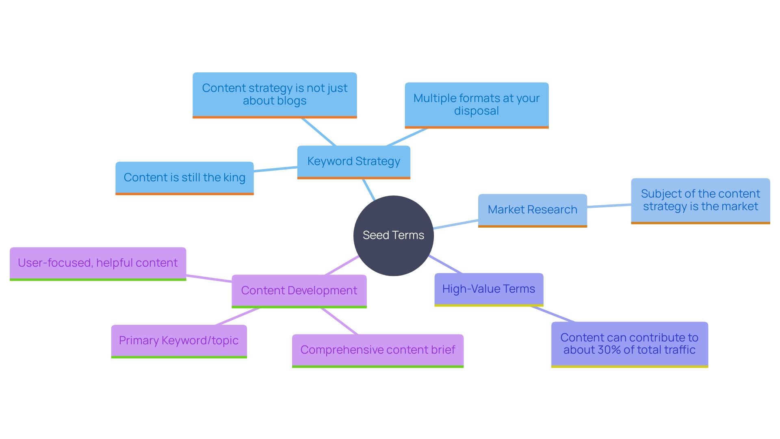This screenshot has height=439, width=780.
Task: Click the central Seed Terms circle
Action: click(393, 235)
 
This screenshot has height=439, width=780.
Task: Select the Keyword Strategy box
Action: click(353, 161)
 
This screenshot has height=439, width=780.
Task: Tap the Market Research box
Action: click(532, 210)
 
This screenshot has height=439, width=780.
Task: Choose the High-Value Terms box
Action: click(489, 289)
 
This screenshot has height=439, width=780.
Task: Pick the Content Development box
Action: click(299, 291)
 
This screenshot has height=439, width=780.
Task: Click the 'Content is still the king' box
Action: click(184, 178)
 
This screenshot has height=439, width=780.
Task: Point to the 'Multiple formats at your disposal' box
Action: click(477, 104)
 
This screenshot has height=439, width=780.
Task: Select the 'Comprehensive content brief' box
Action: click(377, 350)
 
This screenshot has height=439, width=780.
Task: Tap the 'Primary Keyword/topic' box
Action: click(179, 341)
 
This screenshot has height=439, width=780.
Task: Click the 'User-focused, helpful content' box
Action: click(97, 263)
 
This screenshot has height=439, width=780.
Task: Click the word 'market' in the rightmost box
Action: click(739, 206)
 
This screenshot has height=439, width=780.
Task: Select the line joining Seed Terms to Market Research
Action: click(456, 224)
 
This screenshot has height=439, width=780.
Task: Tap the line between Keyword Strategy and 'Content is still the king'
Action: click(275, 169)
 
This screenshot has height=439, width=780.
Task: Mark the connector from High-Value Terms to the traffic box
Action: click(552, 314)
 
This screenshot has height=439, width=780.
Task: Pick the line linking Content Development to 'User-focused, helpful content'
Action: click(209, 278)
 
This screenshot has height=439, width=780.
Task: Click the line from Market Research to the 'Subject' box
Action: click(609, 206)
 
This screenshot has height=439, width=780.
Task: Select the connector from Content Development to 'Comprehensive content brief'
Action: click(339, 321)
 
